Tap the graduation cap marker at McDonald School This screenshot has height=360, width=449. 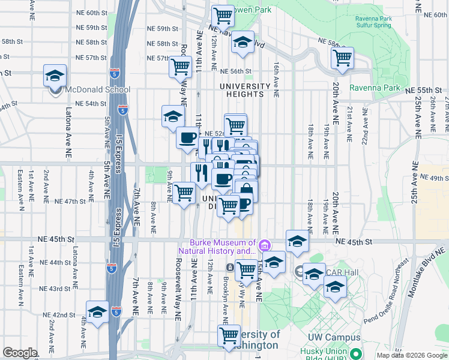(x=55, y=77)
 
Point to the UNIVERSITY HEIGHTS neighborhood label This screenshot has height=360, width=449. (x=245, y=90)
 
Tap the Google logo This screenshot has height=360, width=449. (x=20, y=353)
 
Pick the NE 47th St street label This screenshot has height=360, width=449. (x=71, y=201)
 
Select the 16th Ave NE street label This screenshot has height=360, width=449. (x=276, y=80)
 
